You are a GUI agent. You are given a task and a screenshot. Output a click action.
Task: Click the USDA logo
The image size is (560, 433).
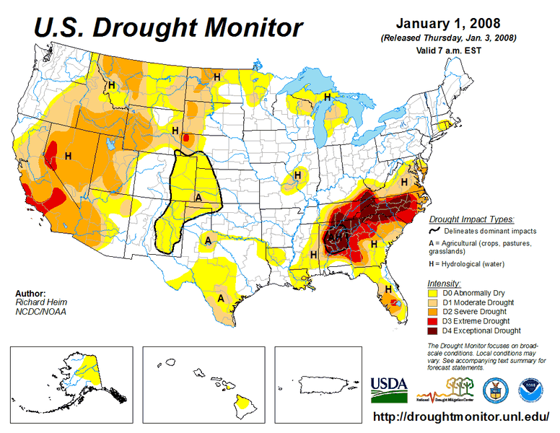[x=388, y=390]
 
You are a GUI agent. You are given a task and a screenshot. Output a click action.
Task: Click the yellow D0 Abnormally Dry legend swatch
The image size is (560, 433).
[x=434, y=293]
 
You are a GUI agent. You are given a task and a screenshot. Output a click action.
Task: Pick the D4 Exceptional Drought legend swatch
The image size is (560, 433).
[x=434, y=331]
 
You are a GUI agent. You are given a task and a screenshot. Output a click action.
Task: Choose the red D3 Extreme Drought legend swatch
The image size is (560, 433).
[x=434, y=321]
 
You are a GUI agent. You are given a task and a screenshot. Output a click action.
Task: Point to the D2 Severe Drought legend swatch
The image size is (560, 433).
[x=434, y=312]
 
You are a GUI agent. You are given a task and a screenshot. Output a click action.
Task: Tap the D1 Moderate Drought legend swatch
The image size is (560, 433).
[x=434, y=302]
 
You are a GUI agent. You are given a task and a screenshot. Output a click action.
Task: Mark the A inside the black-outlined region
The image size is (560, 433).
[x=198, y=196]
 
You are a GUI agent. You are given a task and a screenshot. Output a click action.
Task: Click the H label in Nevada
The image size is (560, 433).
[x=69, y=155]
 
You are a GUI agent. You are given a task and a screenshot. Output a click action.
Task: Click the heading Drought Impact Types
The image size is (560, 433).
[x=471, y=219]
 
